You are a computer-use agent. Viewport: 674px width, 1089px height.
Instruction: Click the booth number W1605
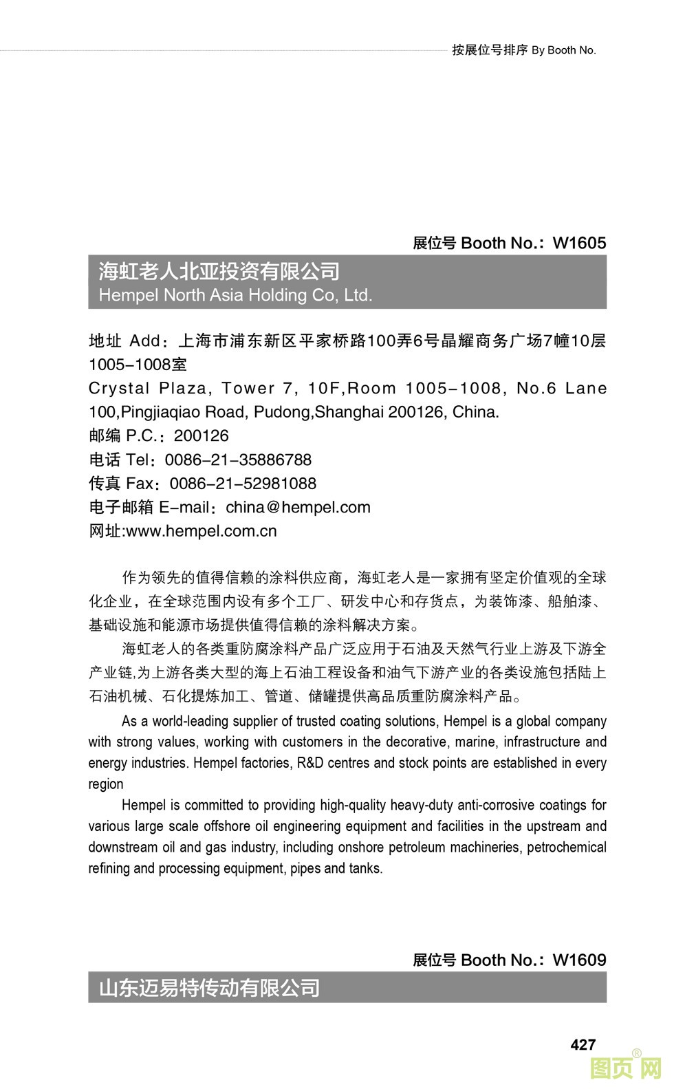click(x=579, y=243)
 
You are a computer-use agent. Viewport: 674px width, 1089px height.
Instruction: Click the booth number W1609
click(x=579, y=960)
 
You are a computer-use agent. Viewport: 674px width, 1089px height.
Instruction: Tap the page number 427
click(x=583, y=1044)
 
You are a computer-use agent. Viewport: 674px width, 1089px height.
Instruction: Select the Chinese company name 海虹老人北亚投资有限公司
click(x=219, y=272)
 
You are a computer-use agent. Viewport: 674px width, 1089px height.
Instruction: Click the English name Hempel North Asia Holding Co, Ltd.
click(x=235, y=296)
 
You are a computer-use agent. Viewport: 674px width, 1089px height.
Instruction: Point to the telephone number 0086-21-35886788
click(x=238, y=460)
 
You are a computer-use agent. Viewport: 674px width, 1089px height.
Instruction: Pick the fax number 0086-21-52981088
click(x=243, y=484)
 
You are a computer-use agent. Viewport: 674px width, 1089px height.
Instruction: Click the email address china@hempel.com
click(x=298, y=508)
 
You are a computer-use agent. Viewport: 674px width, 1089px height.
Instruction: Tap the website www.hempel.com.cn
click(x=202, y=531)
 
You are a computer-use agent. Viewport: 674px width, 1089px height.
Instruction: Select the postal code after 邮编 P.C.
click(x=201, y=436)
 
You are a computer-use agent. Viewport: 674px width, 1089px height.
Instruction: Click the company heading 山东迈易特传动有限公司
click(x=210, y=989)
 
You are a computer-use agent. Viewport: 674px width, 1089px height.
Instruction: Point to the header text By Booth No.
click(x=563, y=50)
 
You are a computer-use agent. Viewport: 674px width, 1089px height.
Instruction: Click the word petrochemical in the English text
click(x=566, y=848)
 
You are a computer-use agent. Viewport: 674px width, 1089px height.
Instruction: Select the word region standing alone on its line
click(x=106, y=784)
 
